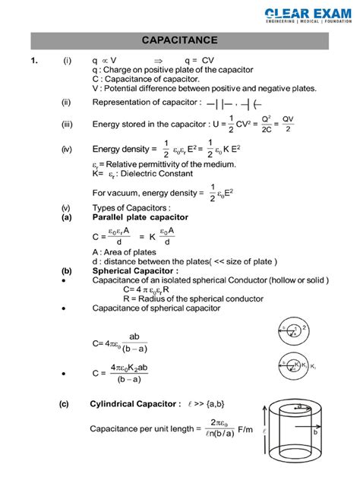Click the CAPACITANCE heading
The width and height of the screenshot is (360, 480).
coord(180,39)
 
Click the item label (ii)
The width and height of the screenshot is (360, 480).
coord(67,103)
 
